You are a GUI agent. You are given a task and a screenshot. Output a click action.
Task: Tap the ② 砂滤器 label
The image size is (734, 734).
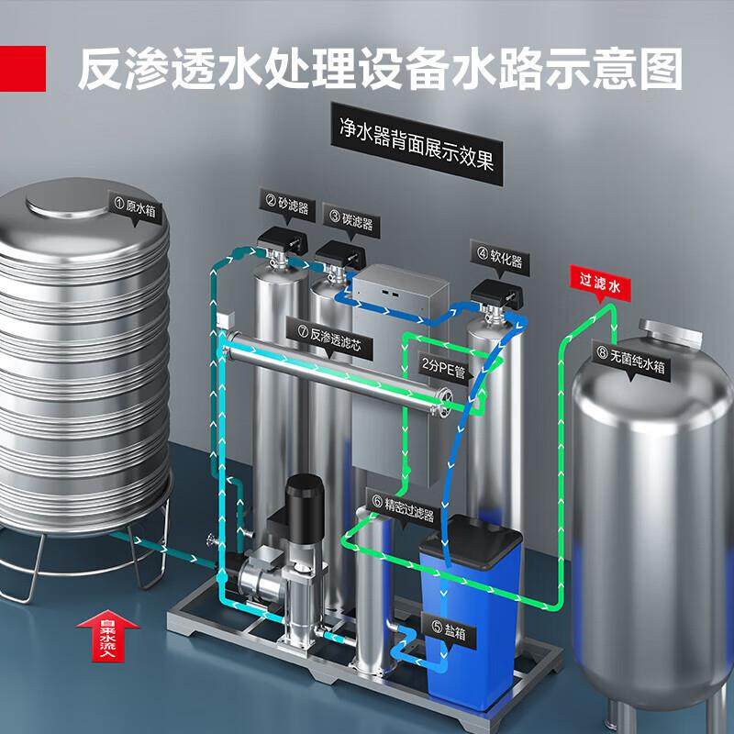286,201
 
